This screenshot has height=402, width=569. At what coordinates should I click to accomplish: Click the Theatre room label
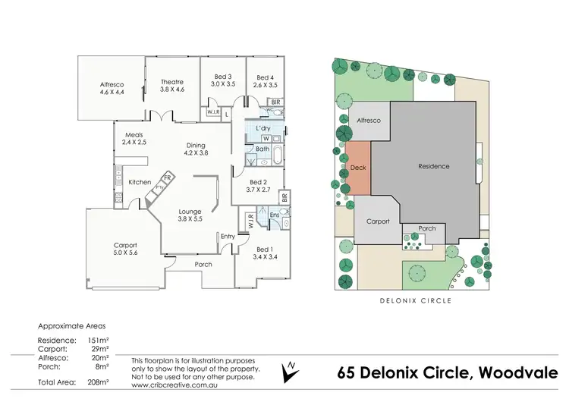[172, 86]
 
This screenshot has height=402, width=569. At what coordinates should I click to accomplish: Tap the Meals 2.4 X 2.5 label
[134, 139]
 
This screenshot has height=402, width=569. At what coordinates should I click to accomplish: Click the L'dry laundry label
[263, 129]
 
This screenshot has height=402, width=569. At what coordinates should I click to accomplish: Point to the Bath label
[262, 149]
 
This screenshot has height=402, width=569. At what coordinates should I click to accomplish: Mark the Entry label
[228, 237]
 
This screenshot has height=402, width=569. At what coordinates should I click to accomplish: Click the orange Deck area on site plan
[359, 168]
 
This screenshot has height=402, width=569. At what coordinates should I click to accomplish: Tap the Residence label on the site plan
[434, 166]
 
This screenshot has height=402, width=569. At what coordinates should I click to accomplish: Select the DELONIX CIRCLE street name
[415, 300]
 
